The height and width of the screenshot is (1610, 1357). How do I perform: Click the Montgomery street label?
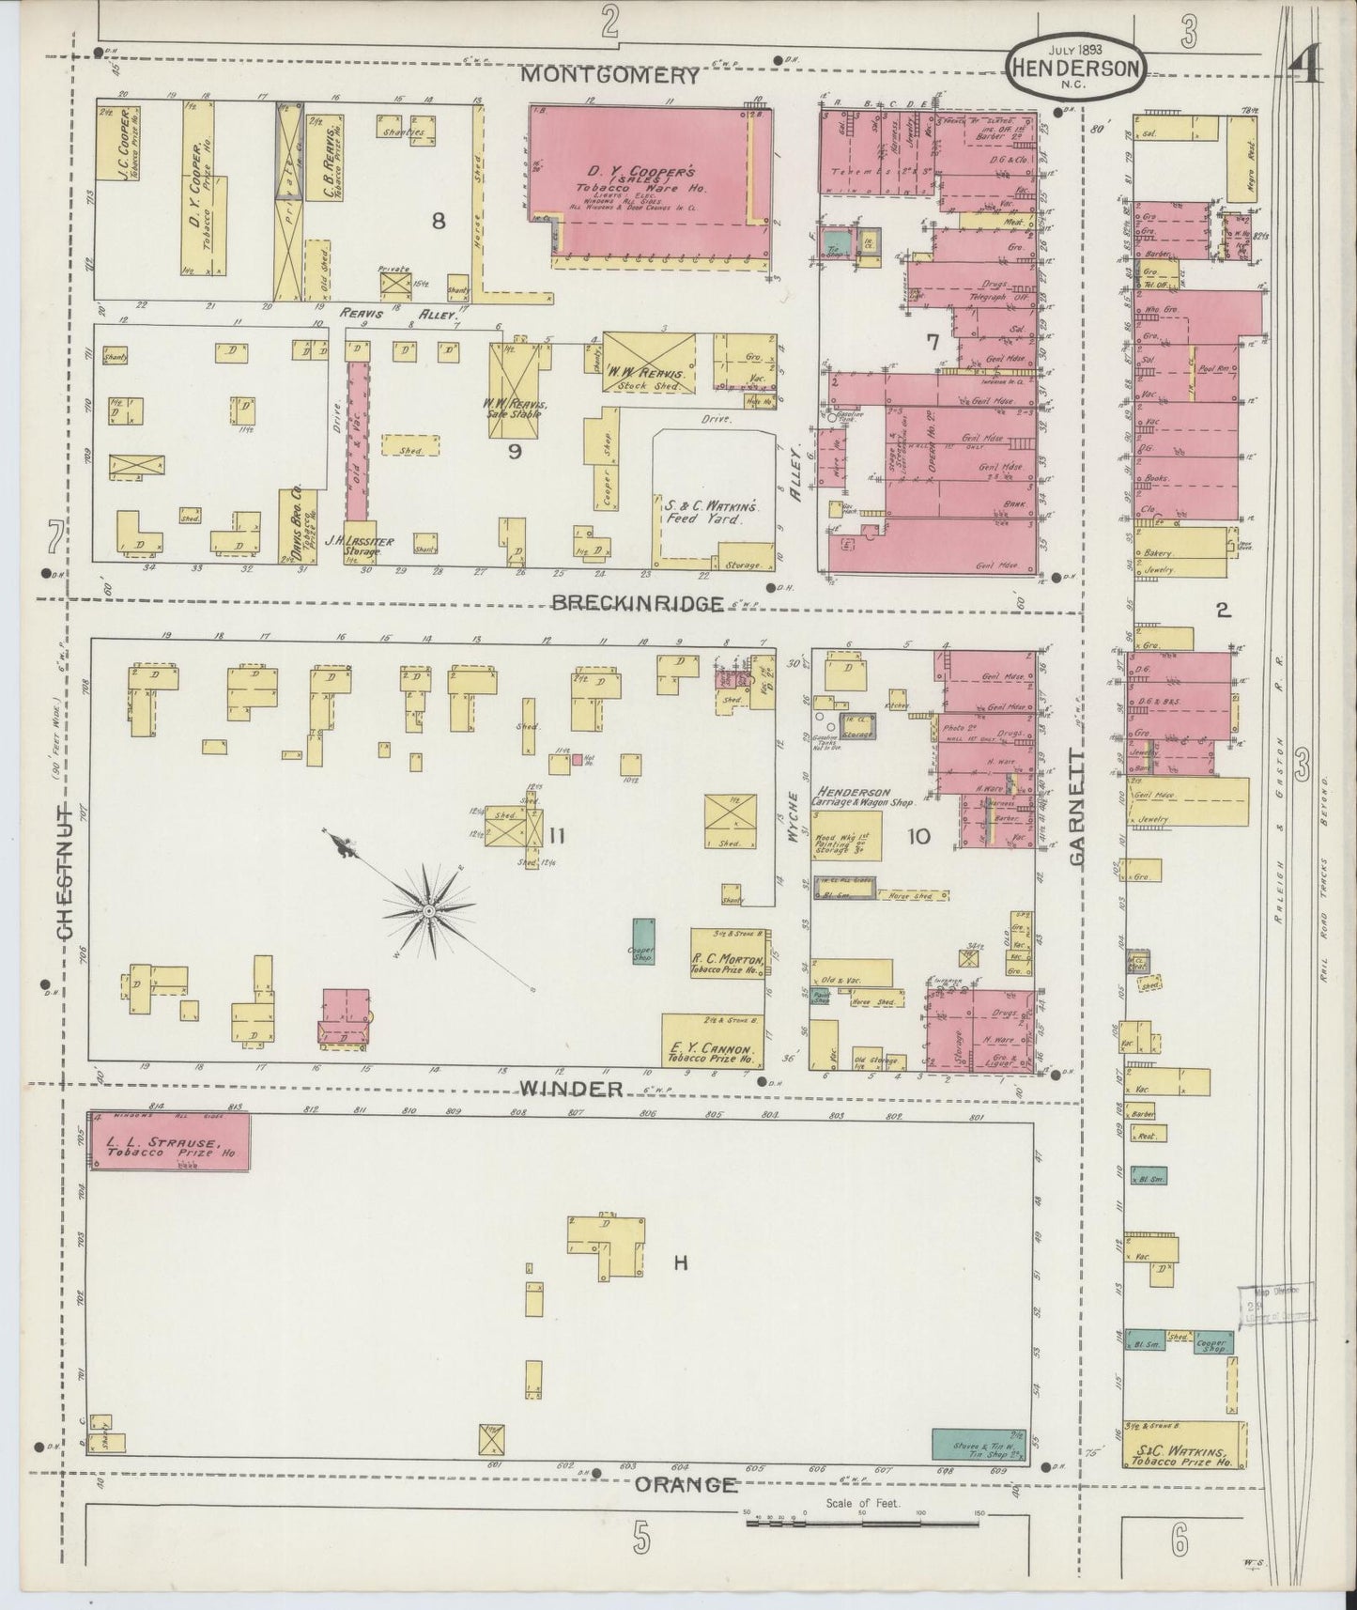(610, 75)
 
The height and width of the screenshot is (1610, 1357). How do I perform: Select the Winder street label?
(571, 1088)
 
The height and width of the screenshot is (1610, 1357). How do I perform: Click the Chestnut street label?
(65, 870)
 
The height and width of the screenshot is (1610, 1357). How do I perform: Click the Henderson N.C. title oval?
(1076, 66)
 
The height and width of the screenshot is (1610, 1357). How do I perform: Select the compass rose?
(428, 909)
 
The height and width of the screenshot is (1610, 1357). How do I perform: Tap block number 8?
(438, 221)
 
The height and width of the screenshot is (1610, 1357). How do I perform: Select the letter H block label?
(680, 1263)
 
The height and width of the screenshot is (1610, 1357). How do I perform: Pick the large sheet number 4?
(1305, 68)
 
